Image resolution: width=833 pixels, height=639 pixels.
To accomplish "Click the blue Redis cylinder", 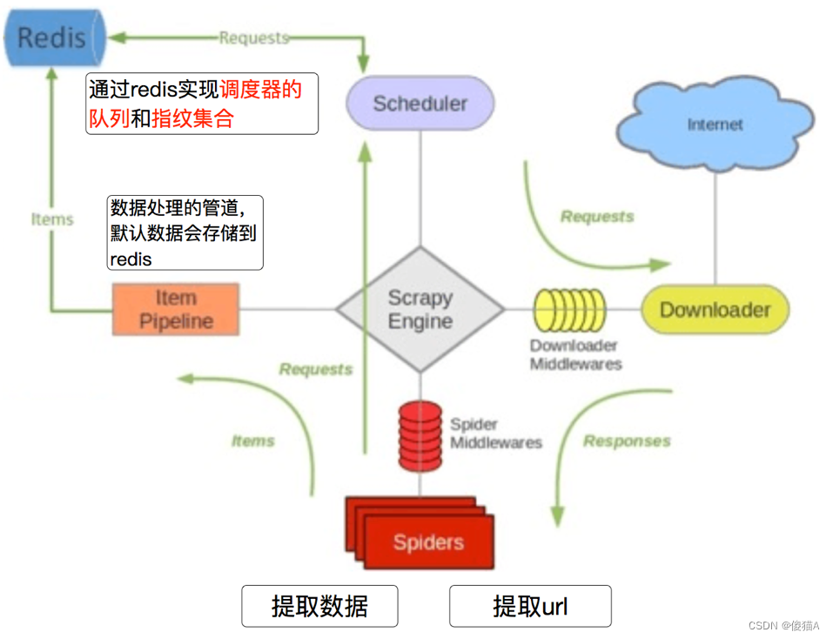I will tap(52, 37).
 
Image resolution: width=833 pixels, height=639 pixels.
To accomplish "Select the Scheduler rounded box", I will tap(420, 104).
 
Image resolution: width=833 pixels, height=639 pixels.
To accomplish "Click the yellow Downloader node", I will tap(715, 310).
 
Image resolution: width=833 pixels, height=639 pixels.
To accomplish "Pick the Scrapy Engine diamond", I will tap(420, 310).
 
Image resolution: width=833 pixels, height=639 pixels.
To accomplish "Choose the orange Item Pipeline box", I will tap(175, 309).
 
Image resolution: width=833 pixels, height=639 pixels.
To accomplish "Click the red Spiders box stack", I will tap(422, 533).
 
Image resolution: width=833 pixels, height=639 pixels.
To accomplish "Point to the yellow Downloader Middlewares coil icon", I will tap(569, 310).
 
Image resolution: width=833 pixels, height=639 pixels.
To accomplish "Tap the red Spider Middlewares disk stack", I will tap(420, 435).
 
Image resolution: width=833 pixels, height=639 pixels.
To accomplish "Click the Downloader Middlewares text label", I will tap(576, 354).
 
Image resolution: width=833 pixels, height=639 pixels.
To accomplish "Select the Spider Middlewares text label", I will tap(495, 434).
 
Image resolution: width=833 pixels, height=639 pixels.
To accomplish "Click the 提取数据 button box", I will tap(319, 606).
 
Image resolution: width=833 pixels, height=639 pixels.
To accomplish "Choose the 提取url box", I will tap(530, 606).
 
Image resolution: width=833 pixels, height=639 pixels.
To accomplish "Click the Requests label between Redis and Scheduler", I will tap(253, 37).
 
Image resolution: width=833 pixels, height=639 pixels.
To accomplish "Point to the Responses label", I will tap(627, 441).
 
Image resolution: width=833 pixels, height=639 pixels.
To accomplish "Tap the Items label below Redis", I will tap(52, 219).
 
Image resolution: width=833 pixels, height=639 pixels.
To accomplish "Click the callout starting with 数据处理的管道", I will tap(185, 232).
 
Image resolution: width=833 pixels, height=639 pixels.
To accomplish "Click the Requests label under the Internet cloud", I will tap(597, 217).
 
